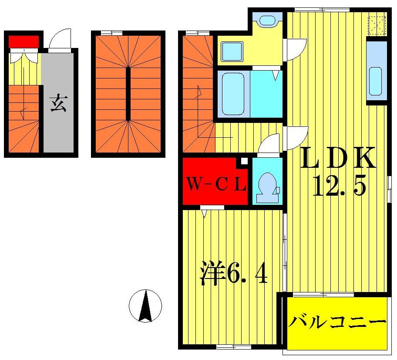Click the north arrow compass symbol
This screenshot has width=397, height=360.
145,306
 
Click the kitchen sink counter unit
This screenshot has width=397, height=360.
376,72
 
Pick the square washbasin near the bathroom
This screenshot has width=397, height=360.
232,51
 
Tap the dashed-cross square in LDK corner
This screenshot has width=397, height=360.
377,25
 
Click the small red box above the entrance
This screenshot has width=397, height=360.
24,41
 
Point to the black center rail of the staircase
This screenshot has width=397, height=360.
128,94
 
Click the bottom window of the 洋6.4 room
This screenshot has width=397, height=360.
234,347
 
